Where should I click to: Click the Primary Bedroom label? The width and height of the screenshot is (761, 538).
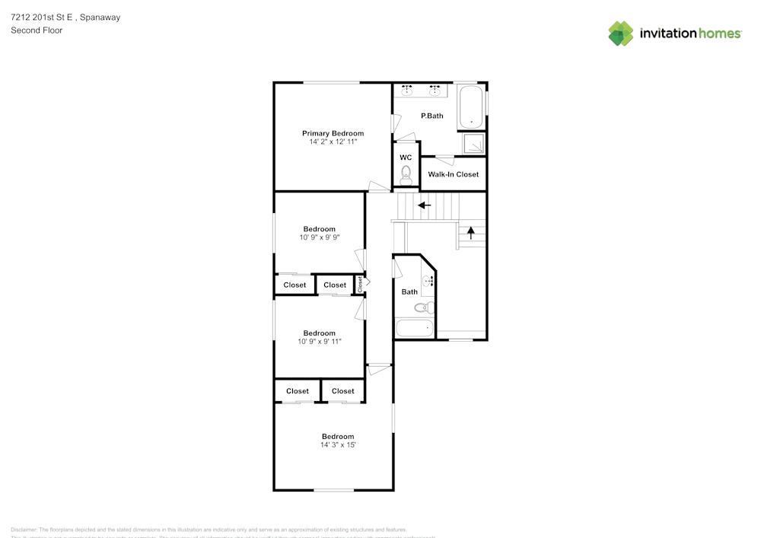tap(333, 133)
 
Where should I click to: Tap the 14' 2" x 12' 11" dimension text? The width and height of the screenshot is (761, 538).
tap(333, 142)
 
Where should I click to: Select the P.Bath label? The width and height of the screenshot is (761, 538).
tap(432, 116)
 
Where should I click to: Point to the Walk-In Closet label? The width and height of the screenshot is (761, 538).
tap(454, 174)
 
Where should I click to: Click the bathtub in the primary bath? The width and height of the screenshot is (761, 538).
tap(472, 107)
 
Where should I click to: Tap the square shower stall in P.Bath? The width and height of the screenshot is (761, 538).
tap(474, 144)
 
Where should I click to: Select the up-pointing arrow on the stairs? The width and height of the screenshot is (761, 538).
tap(471, 233)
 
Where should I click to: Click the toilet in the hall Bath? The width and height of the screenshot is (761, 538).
tap(424, 308)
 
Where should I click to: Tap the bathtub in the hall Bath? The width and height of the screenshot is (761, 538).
tap(415, 329)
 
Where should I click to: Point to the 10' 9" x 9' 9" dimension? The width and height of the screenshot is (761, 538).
tap(319, 237)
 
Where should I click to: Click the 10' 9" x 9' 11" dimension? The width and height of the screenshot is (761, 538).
tap(319, 342)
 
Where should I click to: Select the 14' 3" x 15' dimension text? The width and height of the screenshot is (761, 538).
tap(338, 444)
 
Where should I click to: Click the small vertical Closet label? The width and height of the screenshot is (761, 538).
tap(360, 284)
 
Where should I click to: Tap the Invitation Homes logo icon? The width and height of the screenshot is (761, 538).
tap(621, 33)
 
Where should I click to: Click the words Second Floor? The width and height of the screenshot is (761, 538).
tap(37, 30)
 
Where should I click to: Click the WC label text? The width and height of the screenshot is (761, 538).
tap(406, 158)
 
